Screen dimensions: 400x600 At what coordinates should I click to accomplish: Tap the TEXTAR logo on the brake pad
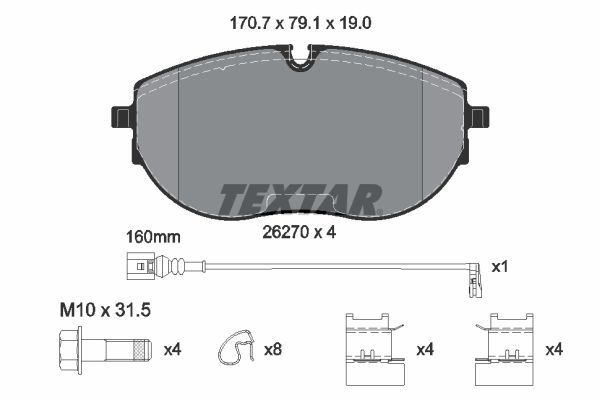(x=299, y=199)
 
